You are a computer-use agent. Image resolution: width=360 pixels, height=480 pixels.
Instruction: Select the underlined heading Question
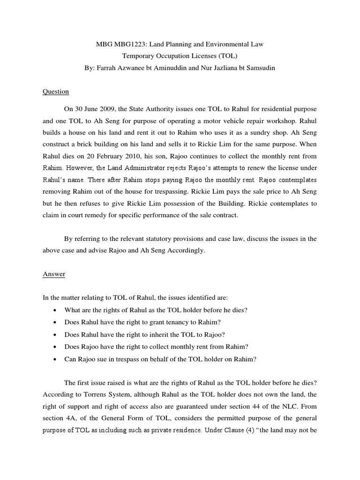56,91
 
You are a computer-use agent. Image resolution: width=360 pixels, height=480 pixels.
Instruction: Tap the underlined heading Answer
54,275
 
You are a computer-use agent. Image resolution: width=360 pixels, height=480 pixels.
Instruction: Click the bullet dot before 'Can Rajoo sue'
56,360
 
